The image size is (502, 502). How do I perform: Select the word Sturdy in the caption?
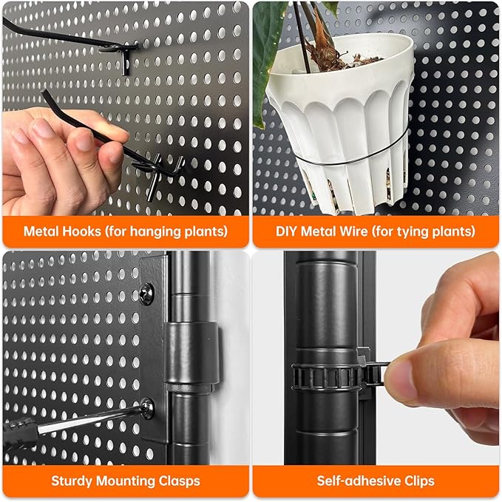click(72, 481)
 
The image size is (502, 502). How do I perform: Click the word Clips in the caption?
click(419, 481)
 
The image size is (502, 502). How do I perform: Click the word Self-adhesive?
click(359, 481)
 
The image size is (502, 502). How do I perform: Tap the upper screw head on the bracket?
click(147, 294)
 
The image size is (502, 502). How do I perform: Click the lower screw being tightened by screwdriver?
click(147, 408)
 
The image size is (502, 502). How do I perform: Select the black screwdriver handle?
click(20, 434)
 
